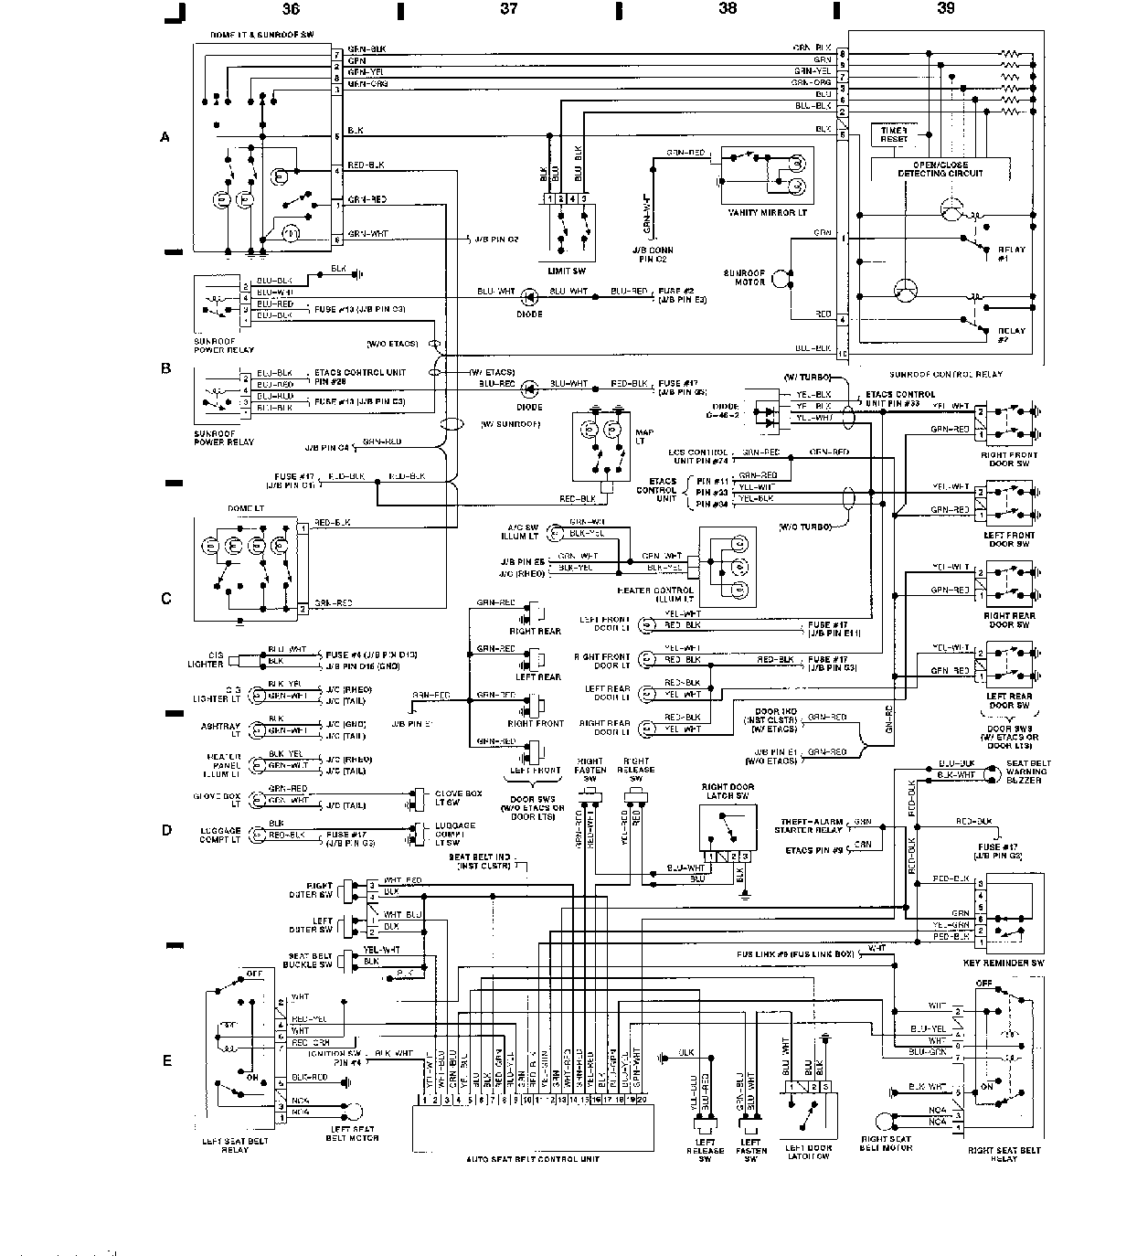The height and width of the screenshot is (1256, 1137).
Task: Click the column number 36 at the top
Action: tap(290, 9)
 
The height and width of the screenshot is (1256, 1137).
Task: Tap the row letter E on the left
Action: tap(166, 1061)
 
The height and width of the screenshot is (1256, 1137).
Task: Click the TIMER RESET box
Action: tap(894, 135)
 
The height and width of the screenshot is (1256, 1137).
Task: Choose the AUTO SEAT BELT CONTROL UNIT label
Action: tap(533, 1159)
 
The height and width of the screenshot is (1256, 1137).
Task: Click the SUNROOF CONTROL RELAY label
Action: tap(944, 374)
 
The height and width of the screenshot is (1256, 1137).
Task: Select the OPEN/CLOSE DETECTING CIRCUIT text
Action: tap(940, 169)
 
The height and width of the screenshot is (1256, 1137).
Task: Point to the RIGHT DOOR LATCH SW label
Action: tap(728, 791)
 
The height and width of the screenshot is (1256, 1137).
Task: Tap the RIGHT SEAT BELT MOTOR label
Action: tap(886, 1144)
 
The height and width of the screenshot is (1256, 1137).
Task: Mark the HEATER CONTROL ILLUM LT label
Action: tap(655, 595)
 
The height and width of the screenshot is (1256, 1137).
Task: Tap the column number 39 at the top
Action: tap(945, 9)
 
